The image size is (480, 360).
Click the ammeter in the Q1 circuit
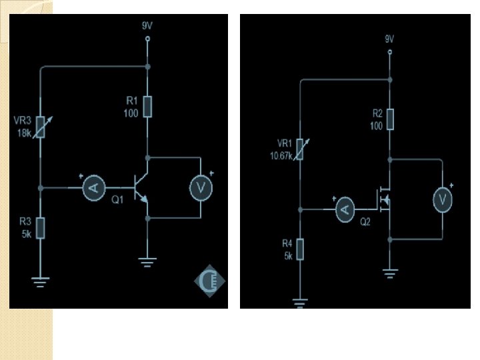coord(94,189)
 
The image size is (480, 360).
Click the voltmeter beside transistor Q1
coord(200,189)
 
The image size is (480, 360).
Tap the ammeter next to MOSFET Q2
coord(345,210)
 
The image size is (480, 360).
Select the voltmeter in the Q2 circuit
coord(441,198)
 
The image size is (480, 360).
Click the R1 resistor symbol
coord(147,107)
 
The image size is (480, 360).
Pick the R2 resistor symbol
coord(390,119)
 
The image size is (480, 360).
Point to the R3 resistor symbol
coord(41,227)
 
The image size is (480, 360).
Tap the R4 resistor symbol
coord(300,249)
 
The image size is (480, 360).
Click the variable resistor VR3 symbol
coord(41,127)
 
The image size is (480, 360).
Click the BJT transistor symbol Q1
coord(142,188)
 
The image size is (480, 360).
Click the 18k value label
coord(23,132)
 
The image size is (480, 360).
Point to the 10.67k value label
coord(281,155)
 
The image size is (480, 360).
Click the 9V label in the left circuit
coord(147,25)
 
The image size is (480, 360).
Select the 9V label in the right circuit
coord(390,39)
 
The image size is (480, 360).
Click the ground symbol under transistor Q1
coord(147,261)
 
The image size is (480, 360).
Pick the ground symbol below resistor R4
coord(300,305)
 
